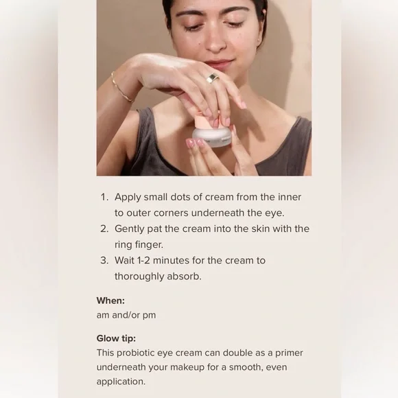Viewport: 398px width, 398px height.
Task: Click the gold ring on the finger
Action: click(213, 79)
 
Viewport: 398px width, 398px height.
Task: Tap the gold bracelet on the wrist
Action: click(121, 88)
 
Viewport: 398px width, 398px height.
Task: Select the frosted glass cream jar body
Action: click(212, 137)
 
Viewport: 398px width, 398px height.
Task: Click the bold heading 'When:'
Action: click(110, 301)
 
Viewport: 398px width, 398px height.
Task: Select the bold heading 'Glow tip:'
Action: click(116, 338)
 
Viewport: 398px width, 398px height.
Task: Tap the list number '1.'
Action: click(104, 197)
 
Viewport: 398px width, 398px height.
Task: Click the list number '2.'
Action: click(104, 229)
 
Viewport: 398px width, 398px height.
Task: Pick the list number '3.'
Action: click(104, 261)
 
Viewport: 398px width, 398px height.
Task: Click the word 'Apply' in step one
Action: click(128, 198)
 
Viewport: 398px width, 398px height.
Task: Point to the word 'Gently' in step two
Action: click(130, 229)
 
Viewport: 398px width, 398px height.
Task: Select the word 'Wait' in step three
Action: click(124, 261)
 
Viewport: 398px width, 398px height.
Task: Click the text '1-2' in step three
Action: click(143, 261)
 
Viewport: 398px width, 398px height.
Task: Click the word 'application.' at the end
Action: click(121, 382)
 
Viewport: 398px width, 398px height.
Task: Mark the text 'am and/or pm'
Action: click(126, 316)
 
